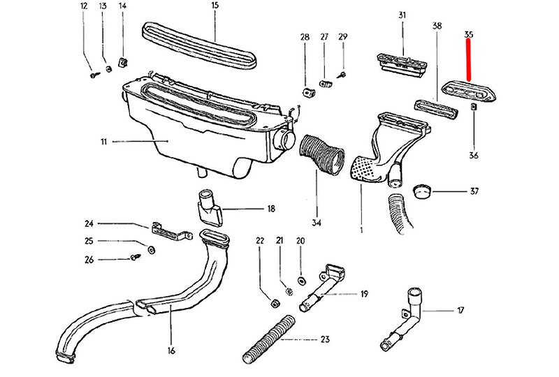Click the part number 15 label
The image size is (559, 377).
[x=215, y=6]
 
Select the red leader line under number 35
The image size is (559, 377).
[x=470, y=60]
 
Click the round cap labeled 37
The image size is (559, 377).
[x=421, y=191]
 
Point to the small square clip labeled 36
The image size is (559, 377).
[x=474, y=107]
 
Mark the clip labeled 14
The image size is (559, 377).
[x=122, y=63]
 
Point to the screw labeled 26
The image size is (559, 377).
[x=136, y=258]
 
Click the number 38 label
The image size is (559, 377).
[x=437, y=26]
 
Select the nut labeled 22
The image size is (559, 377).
[x=275, y=304]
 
